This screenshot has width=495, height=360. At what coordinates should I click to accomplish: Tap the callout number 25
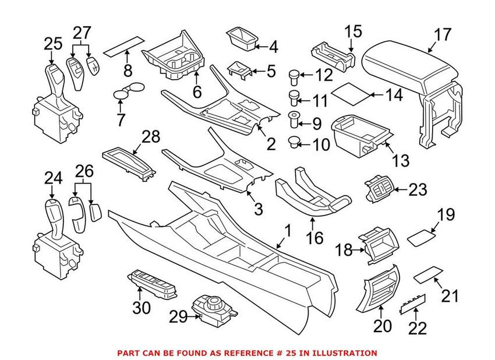[52, 43]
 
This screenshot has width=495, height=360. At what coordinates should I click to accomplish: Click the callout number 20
[382, 326]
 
